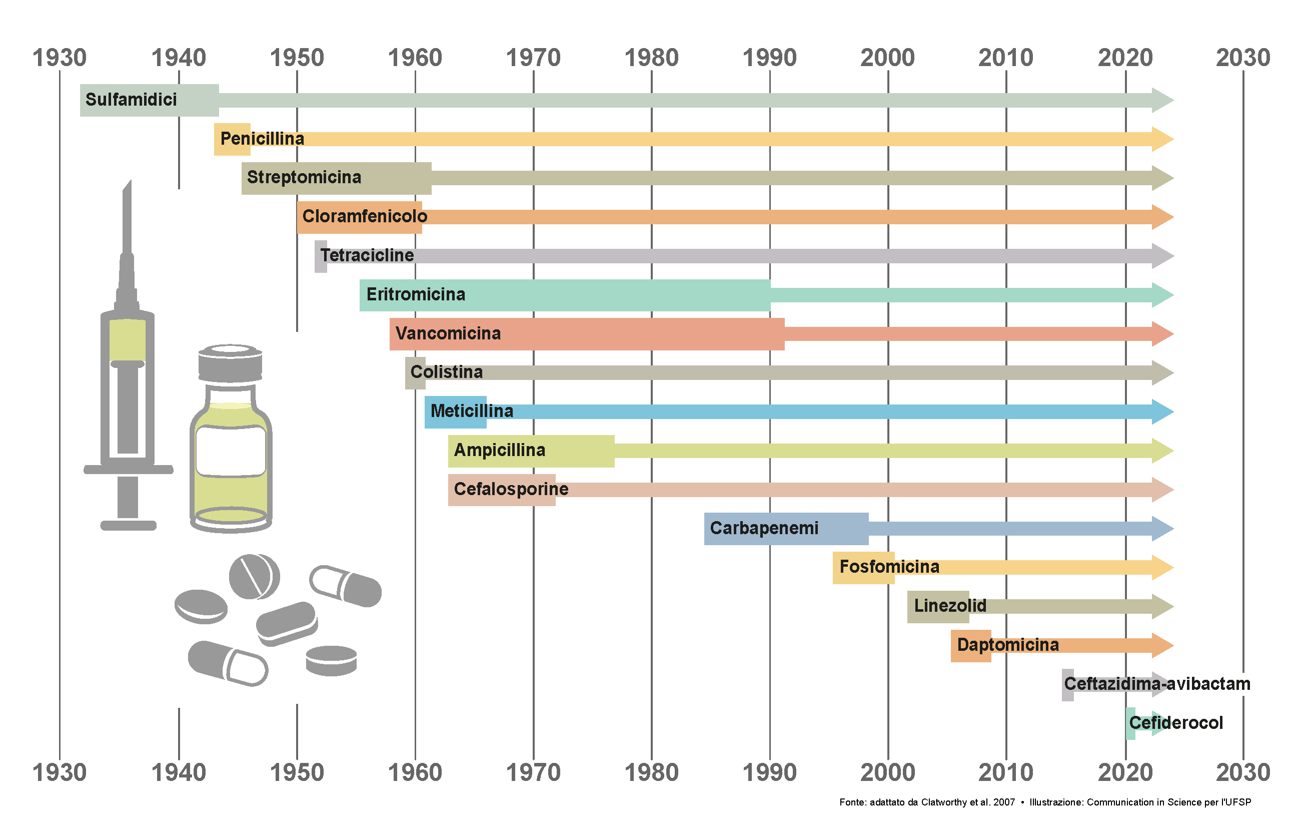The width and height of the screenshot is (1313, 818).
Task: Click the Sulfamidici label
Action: click(x=131, y=100)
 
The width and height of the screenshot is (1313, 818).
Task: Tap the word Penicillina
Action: click(x=262, y=139)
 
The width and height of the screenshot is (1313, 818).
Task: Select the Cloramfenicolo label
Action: click(x=364, y=216)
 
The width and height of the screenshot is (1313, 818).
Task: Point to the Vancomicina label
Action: click(x=448, y=333)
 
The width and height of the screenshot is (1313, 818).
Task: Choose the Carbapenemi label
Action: click(x=763, y=528)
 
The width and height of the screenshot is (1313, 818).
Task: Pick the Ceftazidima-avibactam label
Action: click(x=1157, y=684)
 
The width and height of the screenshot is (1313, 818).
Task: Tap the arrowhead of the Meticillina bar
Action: click(x=1162, y=412)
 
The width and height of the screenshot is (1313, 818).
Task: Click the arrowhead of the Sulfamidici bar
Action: click(x=1162, y=100)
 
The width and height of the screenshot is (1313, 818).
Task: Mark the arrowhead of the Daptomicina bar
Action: click(x=1162, y=645)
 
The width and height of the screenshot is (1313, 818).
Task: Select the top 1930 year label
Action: click(x=60, y=58)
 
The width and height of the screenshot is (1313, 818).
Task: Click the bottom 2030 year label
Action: click(x=1243, y=772)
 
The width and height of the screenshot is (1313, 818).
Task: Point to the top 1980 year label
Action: click(x=651, y=58)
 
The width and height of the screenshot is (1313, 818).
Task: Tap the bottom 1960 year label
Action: click(x=415, y=772)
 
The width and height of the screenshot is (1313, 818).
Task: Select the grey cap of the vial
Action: click(x=230, y=363)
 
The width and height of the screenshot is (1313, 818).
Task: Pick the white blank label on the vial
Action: click(x=231, y=451)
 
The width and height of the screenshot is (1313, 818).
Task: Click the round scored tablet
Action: click(x=254, y=576)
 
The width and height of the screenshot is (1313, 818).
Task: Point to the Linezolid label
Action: click(x=950, y=606)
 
